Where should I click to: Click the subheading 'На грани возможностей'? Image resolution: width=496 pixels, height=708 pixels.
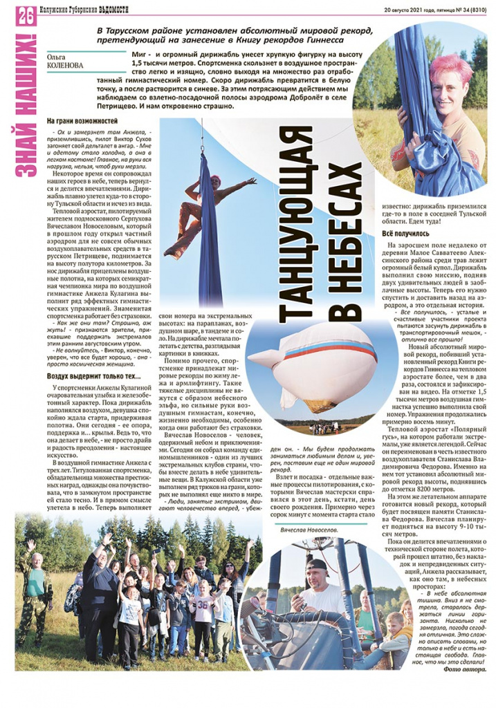tap(77, 121)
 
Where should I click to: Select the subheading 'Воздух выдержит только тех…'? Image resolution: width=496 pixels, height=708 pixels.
tap(93, 377)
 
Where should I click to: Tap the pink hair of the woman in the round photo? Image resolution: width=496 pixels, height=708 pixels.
tap(446, 66)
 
